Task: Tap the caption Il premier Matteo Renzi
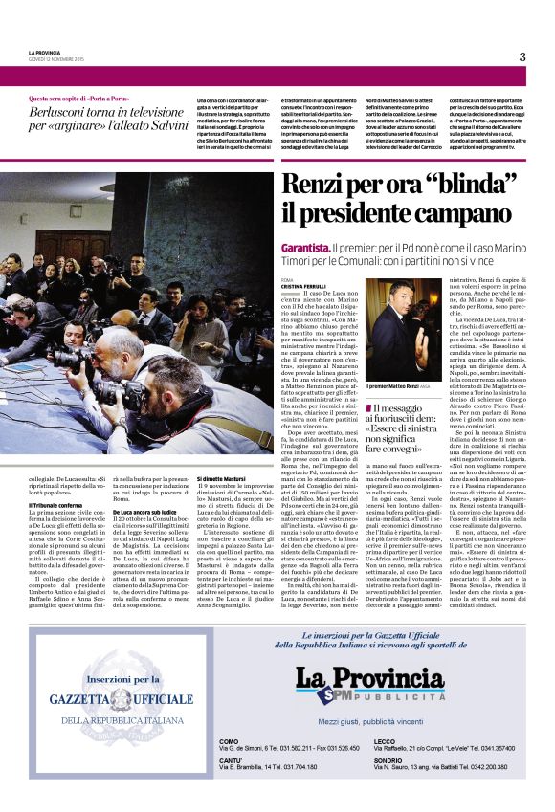(x=396, y=385)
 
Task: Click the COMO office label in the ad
(x=229, y=741)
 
